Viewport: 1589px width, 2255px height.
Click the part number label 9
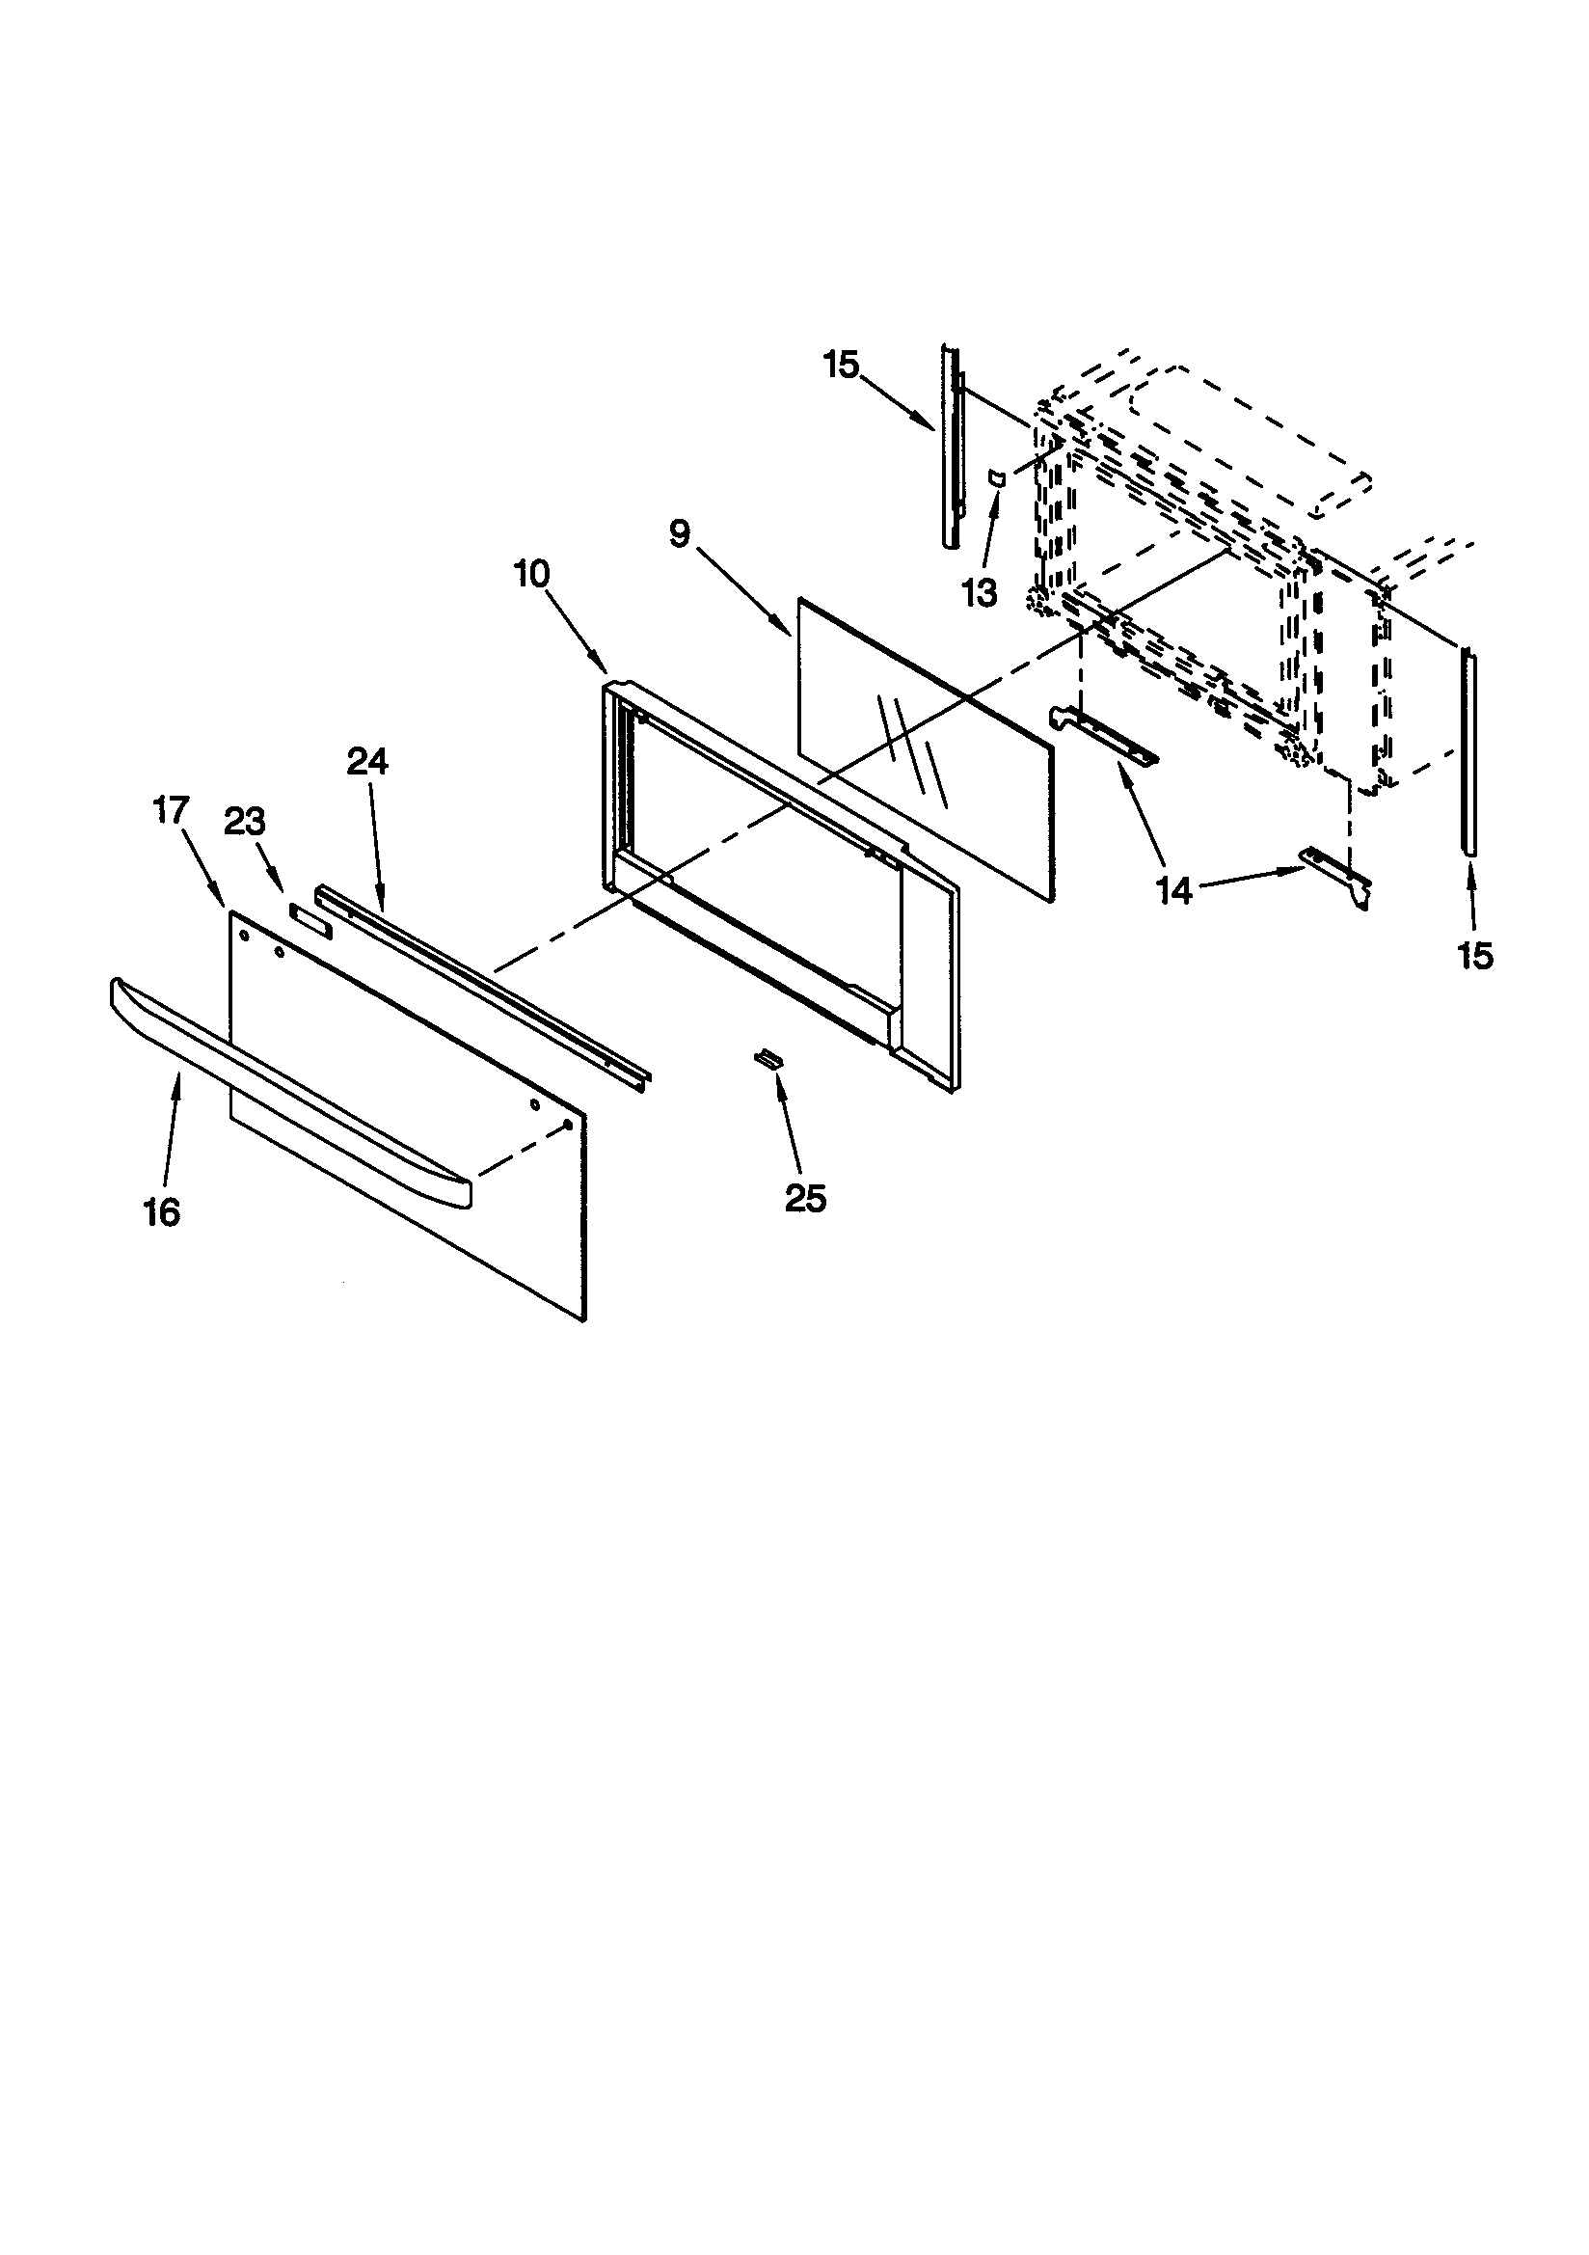tap(680, 534)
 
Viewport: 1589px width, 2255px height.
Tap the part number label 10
tap(531, 574)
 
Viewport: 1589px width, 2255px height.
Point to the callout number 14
tap(1174, 890)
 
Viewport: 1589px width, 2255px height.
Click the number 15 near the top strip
tap(842, 366)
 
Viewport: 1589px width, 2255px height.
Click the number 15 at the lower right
tap(1475, 955)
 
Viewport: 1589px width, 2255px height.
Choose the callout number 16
tap(162, 1213)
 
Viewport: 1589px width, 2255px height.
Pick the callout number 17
tap(170, 811)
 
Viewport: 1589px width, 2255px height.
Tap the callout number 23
tap(245, 821)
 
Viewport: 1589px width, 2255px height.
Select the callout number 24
tap(367, 761)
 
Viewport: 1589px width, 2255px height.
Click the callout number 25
tap(805, 1198)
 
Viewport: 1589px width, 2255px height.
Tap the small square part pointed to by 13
tap(995, 478)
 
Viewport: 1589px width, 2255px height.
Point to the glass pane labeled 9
tap(923, 747)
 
